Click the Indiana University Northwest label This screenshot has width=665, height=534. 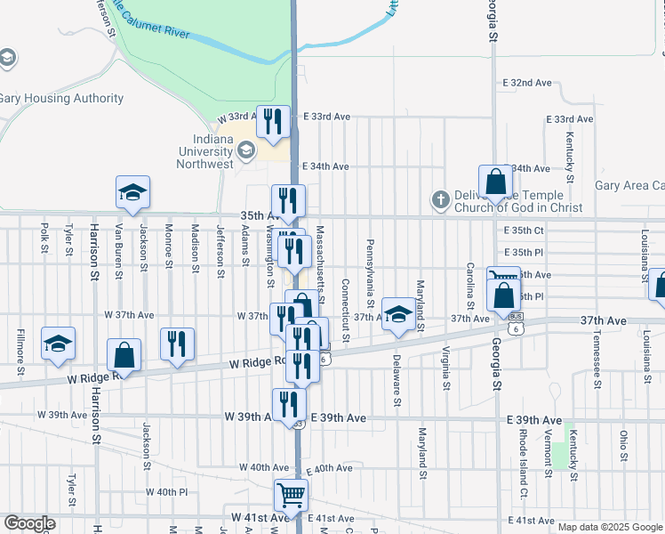coord(212,151)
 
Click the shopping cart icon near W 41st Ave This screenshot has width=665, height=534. coord(291,495)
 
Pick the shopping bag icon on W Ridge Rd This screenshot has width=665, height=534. coord(124,355)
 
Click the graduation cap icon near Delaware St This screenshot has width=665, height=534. coord(399,315)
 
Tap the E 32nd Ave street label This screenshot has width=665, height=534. coord(527,83)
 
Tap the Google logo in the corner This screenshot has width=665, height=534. coord(29,522)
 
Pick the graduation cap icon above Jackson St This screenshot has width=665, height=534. coord(132,192)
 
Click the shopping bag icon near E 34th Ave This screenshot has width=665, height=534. coord(495,182)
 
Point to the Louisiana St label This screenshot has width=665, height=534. coord(645,255)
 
